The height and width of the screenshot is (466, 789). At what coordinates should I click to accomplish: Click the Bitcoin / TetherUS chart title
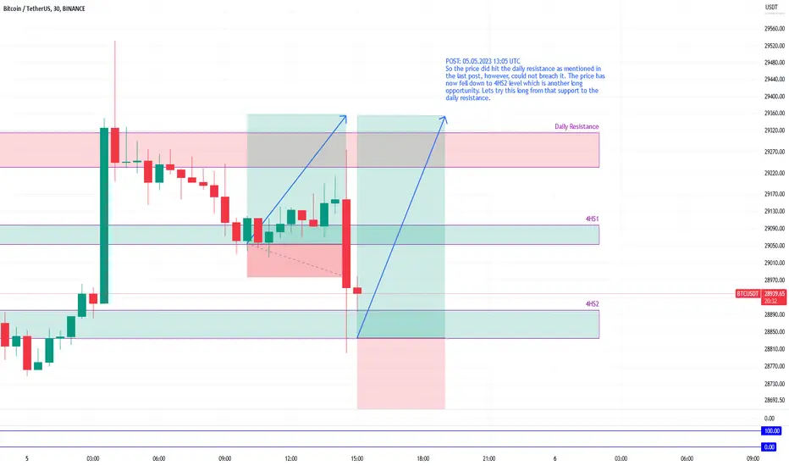coord(44,8)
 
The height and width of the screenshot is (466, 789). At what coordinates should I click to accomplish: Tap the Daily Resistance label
coord(577,126)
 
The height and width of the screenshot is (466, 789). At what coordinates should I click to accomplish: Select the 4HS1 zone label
coord(593,219)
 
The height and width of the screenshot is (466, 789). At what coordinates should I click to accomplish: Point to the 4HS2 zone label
coord(593,304)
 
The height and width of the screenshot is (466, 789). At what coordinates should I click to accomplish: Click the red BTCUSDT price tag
coord(748,294)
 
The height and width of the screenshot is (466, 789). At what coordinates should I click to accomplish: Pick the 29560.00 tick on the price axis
coord(775,29)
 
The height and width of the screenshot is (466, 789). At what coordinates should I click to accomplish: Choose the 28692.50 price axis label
coord(775,401)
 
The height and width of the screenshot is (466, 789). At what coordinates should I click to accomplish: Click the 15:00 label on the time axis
coord(356,458)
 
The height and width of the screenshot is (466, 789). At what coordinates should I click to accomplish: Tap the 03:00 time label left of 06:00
coord(92,458)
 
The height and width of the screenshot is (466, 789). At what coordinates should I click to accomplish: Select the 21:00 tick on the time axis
coord(488,458)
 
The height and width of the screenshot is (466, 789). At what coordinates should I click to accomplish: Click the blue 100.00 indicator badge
coord(772,430)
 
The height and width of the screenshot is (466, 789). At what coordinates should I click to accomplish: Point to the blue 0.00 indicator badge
coord(770,447)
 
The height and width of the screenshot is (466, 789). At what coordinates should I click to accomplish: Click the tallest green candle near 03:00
coord(104,215)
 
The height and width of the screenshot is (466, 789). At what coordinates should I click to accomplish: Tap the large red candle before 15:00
coord(346,244)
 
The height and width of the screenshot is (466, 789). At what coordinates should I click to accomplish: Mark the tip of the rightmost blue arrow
coord(446,117)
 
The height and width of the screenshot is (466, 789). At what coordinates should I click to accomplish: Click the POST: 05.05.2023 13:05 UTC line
coord(483,62)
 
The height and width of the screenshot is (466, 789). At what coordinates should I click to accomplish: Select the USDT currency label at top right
coord(771,7)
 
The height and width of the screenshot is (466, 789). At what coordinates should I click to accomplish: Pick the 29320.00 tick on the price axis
coord(775,130)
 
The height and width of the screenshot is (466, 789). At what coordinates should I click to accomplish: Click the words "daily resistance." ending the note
coord(468,97)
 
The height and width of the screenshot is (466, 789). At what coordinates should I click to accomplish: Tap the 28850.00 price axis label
coord(775,332)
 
